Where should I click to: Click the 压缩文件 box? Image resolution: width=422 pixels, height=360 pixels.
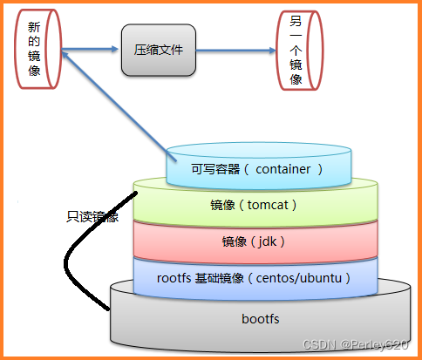point(159,51)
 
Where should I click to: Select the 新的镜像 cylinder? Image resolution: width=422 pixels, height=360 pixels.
point(36,49)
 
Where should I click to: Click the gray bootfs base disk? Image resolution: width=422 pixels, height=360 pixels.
point(258,318)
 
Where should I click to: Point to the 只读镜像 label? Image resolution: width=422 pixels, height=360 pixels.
point(91,214)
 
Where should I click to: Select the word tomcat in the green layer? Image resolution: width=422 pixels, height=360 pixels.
point(271,205)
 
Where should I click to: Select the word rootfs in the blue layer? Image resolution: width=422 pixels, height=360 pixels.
point(174,278)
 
